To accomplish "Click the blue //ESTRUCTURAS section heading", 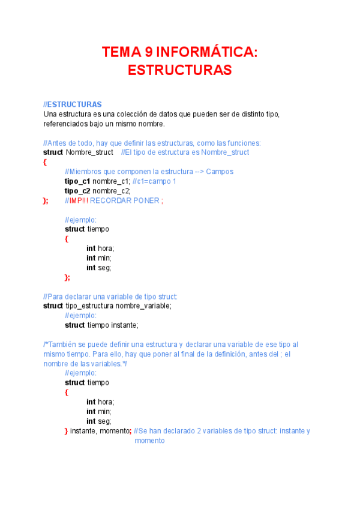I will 73,104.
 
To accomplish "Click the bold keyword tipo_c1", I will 77,181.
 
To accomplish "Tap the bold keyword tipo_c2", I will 77,191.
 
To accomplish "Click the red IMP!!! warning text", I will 79,200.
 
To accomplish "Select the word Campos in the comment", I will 220,172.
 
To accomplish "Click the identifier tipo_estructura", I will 89,306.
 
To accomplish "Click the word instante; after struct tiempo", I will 124,325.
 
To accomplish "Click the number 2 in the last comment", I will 200,431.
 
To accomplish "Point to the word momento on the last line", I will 149,441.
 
